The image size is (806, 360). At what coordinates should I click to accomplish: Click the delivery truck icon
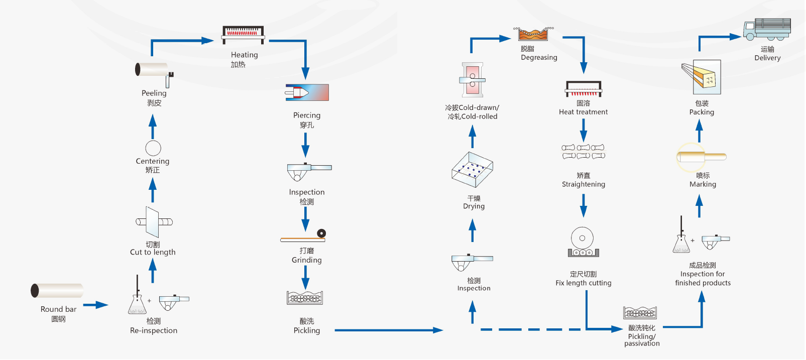pos(767,29)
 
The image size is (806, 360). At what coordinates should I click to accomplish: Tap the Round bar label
pos(58,309)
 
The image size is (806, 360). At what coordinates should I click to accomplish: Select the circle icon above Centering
pos(153,148)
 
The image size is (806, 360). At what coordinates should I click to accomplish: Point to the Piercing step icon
pos(307,92)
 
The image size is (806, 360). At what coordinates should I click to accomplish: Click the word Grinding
pos(306,260)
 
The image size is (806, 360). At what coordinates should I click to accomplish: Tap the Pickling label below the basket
pos(306,330)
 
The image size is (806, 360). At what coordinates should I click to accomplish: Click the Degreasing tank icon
pos(533,34)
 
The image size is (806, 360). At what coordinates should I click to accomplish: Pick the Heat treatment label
pos(583,112)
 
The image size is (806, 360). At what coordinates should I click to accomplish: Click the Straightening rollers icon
pos(583,152)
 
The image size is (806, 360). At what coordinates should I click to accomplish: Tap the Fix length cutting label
pos(583,283)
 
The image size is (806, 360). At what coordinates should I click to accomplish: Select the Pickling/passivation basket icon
pos(640,313)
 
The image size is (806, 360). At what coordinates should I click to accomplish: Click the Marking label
pos(703,184)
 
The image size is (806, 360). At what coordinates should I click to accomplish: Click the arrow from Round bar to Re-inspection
pos(95,305)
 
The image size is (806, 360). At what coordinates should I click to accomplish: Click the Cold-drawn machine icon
pos(472,80)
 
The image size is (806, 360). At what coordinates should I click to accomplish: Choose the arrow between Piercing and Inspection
pos(305,145)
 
